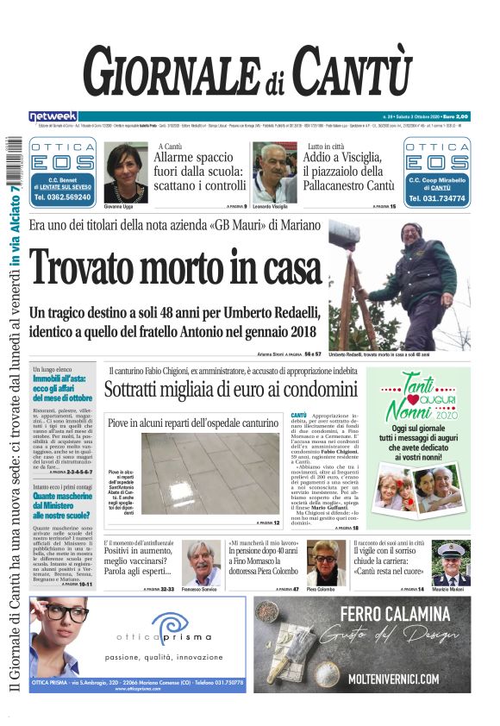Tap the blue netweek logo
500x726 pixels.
pos(53,116)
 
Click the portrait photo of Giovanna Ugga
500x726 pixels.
pos(125,172)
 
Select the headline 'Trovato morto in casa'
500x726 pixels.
pos(176,266)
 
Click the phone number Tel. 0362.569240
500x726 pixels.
pos(63,197)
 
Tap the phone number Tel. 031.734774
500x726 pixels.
pos(437,197)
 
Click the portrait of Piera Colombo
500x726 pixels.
pos(326,563)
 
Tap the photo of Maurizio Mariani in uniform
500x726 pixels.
pos(451,563)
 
